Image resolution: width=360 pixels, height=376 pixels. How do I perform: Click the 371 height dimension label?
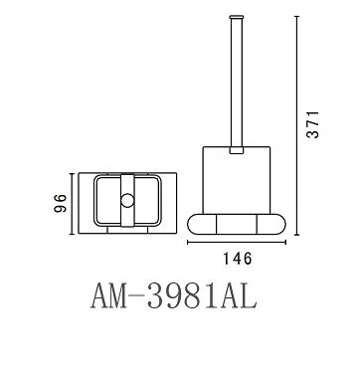(312, 124)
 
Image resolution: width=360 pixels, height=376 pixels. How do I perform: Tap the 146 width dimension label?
(237, 259)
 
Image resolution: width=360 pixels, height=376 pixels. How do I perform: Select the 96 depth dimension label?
(61, 203)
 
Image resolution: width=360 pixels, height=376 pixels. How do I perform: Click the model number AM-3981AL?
(174, 296)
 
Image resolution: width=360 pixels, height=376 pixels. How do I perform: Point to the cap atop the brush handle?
(237, 16)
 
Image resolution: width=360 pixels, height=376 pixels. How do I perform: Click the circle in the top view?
(127, 201)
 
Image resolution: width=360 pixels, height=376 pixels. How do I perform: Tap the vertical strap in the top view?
(127, 201)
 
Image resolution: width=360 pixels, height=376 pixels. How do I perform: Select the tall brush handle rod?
(237, 82)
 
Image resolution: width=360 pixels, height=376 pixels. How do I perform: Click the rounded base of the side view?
(237, 225)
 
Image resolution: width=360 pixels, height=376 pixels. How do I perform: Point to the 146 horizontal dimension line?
(237, 243)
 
